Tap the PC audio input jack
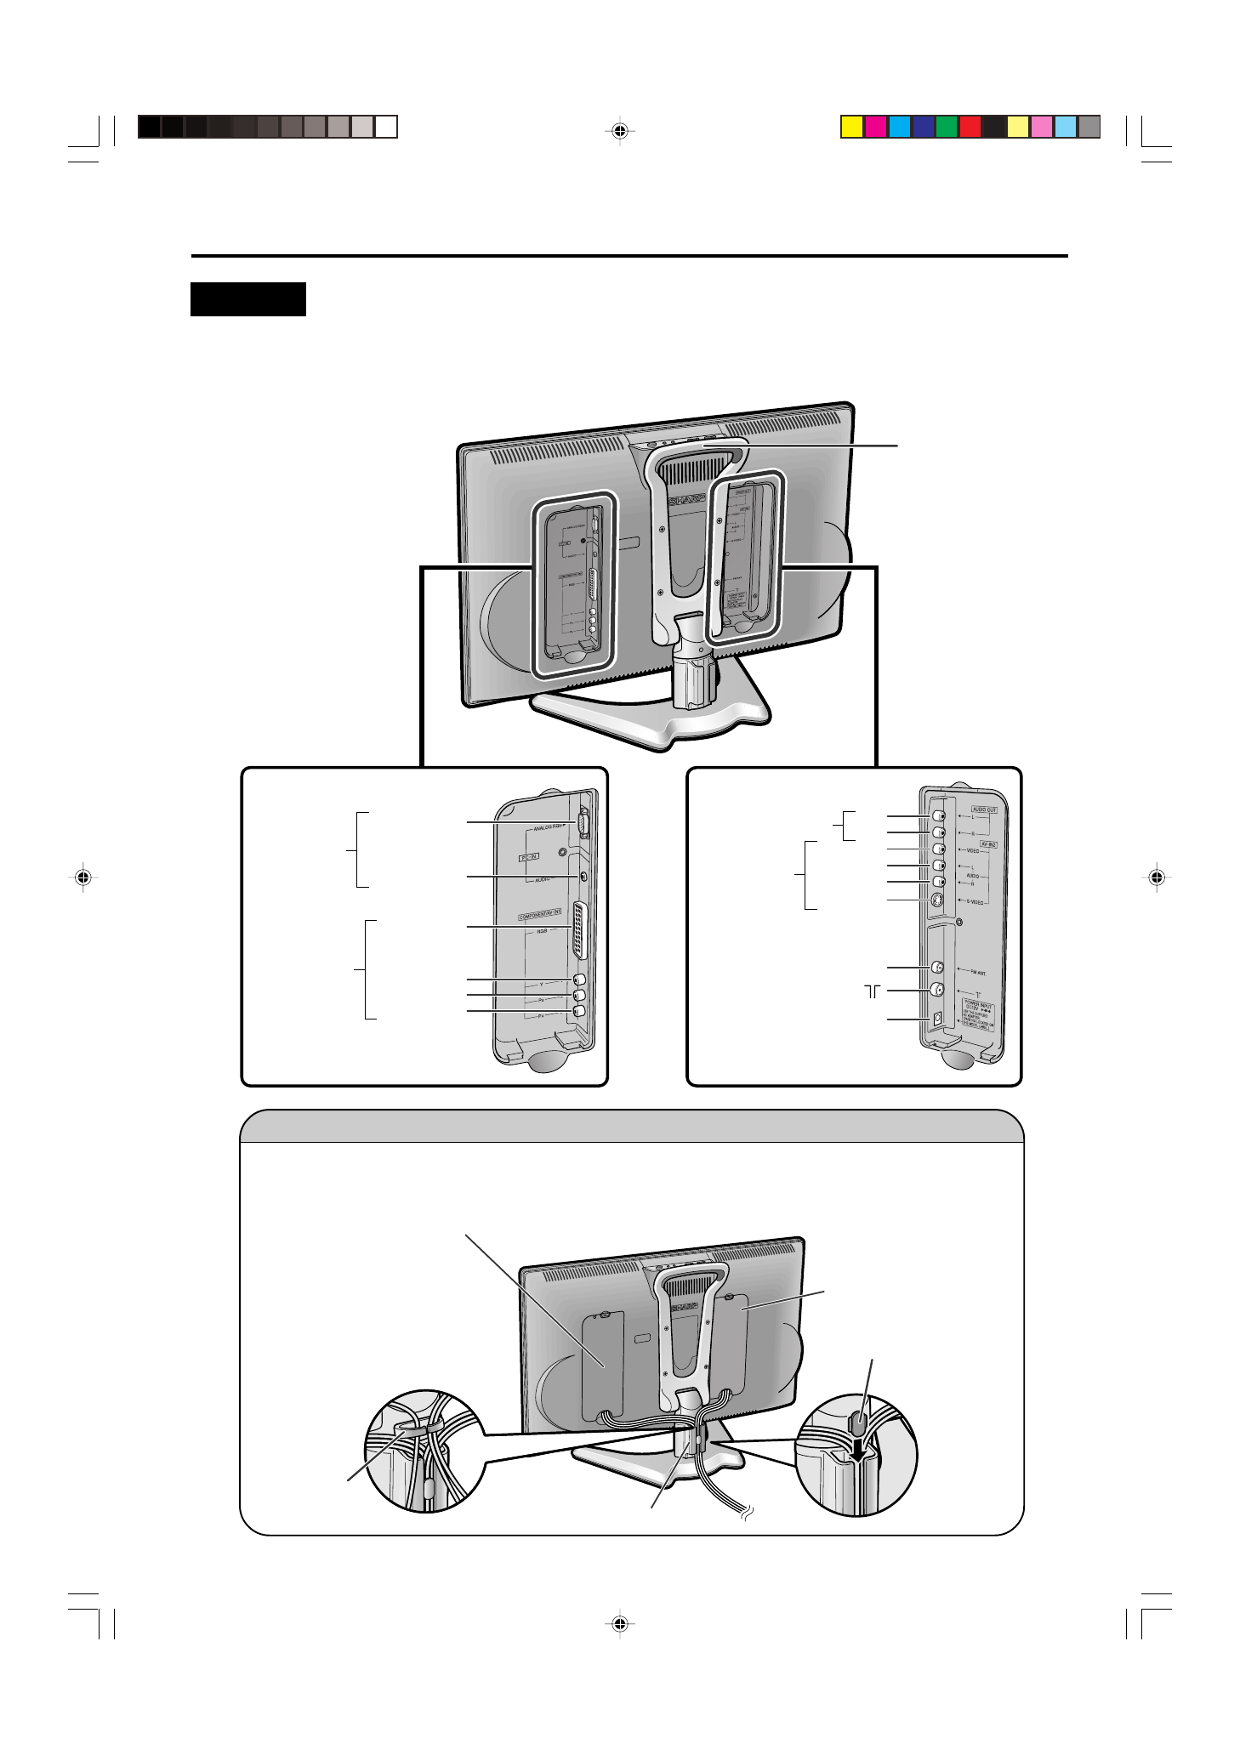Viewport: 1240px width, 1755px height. [583, 876]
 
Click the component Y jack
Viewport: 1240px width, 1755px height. [579, 980]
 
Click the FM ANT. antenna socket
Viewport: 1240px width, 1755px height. [937, 968]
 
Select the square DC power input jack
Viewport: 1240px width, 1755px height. [936, 1018]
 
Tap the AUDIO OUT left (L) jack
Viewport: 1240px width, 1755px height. [937, 816]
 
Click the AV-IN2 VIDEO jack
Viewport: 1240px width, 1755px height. [937, 849]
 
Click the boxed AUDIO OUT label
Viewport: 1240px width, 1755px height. [984, 809]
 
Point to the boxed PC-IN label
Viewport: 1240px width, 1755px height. [529, 857]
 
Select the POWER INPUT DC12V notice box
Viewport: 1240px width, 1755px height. [978, 1016]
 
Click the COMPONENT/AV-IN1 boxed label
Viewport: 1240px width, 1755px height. [540, 915]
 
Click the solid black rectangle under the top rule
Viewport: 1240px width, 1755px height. [248, 299]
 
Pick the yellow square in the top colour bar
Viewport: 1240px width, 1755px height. [852, 127]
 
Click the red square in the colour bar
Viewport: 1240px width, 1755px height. [970, 127]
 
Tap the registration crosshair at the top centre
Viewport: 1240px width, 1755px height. [620, 131]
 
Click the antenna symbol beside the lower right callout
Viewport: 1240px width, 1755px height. [873, 991]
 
